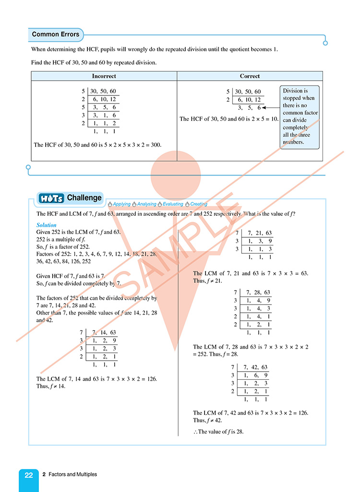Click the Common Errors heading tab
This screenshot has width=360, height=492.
click(56, 35)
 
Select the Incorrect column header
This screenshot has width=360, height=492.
click(104, 76)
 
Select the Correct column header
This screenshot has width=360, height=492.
click(250, 76)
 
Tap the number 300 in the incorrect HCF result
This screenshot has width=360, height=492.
click(156, 144)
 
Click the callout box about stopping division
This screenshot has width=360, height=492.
click(300, 116)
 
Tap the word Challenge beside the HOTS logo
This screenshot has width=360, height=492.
click(84, 198)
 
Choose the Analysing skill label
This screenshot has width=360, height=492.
click(146, 204)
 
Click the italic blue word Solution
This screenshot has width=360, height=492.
click(47, 225)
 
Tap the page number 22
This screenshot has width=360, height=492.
click(29, 475)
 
